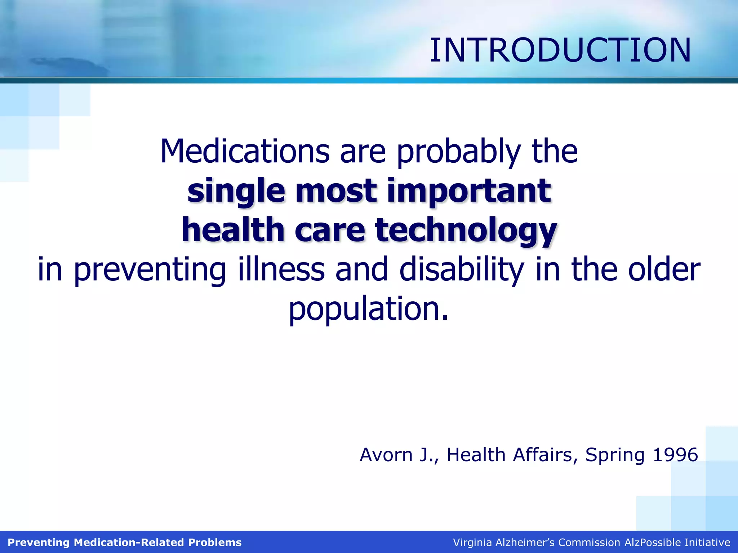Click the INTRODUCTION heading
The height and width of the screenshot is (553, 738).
point(560,50)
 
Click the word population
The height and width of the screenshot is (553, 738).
point(368,310)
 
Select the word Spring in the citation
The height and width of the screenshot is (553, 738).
point(615,455)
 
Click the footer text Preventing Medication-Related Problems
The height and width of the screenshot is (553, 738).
point(125,543)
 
